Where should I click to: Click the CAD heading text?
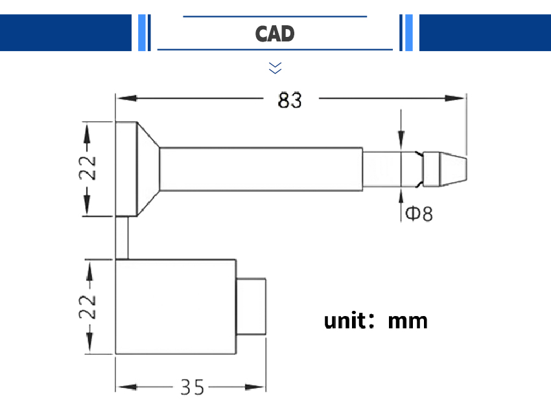[275, 33]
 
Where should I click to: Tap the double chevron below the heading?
[275, 67]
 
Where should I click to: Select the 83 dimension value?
[290, 100]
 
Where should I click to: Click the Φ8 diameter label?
[419, 213]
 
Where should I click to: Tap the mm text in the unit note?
[408, 321]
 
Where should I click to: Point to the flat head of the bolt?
[126, 169]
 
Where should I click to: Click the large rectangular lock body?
[175, 306]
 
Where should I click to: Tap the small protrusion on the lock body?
[251, 306]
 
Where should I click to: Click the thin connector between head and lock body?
[122, 237]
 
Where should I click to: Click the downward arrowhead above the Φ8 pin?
[401, 140]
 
